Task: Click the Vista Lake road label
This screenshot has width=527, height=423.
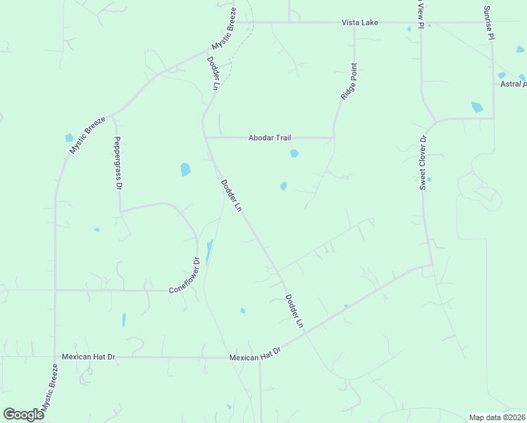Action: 360,23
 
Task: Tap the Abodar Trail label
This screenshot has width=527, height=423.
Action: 269,138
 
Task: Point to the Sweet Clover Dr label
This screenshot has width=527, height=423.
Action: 423,163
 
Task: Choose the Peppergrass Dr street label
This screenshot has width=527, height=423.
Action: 118,163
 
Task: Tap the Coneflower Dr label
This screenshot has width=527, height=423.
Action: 185,275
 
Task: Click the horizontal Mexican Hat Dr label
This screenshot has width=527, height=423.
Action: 88,357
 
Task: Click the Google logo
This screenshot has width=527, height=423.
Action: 23,415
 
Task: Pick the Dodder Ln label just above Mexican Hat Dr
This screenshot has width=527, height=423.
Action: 294,312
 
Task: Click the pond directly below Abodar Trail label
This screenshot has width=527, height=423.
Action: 294,153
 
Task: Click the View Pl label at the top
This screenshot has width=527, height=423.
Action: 421,14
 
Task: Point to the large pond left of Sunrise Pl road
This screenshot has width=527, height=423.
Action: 477,107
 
